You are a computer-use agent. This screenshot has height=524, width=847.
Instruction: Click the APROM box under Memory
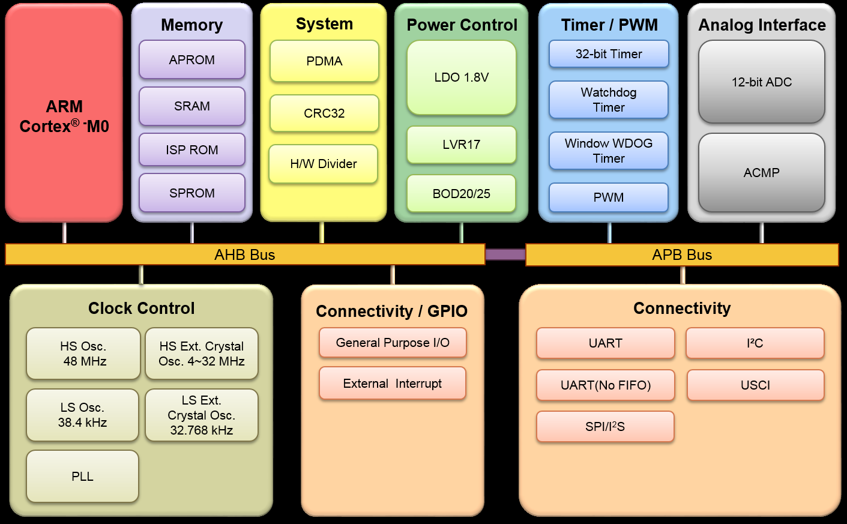click(x=192, y=59)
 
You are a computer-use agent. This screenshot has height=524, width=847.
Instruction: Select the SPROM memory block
click(x=192, y=193)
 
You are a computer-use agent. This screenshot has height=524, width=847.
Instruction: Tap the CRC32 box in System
click(x=324, y=113)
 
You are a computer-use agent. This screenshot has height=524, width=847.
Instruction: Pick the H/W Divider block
click(x=323, y=164)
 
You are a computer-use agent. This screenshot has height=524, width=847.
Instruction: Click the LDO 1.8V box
click(x=461, y=77)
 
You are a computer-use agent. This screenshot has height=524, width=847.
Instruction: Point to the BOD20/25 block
click(x=461, y=193)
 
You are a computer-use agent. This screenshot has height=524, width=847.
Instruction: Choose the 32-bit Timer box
click(x=609, y=54)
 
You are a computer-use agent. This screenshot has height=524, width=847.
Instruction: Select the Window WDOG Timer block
click(x=609, y=151)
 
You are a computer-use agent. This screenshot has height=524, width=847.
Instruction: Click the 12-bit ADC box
click(x=761, y=82)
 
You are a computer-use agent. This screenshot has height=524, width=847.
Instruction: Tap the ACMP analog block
click(x=761, y=173)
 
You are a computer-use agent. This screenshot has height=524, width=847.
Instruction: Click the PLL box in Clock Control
click(x=82, y=477)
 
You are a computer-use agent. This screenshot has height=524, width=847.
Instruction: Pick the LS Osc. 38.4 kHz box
click(x=82, y=415)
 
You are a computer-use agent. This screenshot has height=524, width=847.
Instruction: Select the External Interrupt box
click(x=393, y=384)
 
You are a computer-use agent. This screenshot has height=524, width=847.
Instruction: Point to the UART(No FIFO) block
click(x=605, y=385)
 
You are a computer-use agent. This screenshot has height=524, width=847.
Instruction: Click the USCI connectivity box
click(x=755, y=385)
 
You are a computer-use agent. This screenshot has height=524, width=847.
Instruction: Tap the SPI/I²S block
click(x=605, y=427)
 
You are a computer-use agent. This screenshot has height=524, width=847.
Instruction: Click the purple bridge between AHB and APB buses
click(x=505, y=254)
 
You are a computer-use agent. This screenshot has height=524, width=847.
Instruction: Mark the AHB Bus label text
click(x=245, y=254)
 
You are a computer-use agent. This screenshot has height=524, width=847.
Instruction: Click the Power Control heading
click(x=462, y=25)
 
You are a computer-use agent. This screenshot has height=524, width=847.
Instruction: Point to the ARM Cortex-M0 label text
click(x=64, y=116)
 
